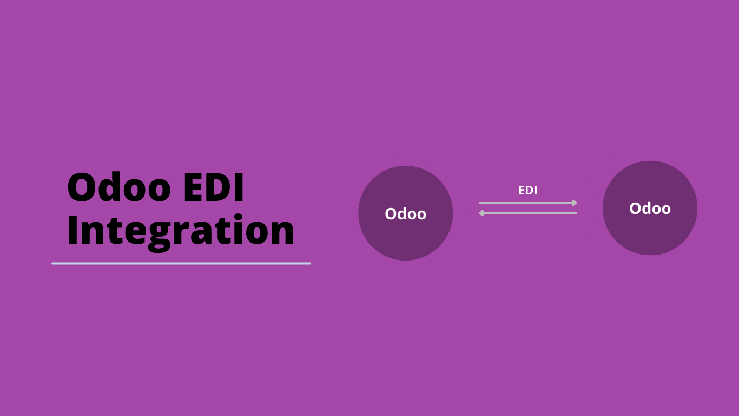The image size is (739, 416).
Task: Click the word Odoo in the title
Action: pos(119,186)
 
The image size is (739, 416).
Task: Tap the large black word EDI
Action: pos(214,187)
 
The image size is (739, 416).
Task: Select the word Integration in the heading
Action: pos(181,231)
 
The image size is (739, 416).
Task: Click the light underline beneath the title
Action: pos(181,263)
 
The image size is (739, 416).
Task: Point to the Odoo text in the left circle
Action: pos(405,214)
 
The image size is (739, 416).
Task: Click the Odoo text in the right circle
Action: pos(650,209)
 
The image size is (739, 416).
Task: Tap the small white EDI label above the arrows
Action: pos(527,190)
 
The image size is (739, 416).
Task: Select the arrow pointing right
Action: pos(528,203)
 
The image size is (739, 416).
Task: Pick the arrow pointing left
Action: pos(528,213)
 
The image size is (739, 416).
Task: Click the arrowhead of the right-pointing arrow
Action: pos(575,203)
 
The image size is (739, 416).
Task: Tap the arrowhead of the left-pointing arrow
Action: pos(481,213)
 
